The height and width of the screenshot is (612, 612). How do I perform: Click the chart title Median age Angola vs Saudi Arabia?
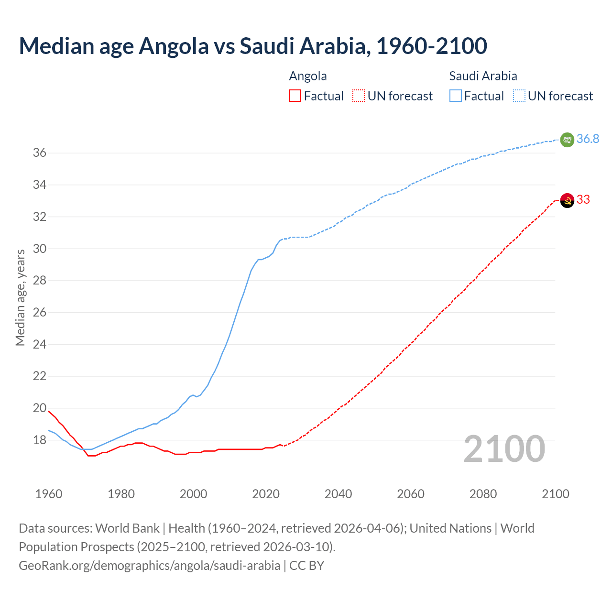pyautogui.click(x=253, y=46)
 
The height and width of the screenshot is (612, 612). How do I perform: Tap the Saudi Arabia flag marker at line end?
pyautogui.click(x=567, y=140)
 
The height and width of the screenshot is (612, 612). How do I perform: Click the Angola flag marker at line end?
pyautogui.click(x=567, y=200)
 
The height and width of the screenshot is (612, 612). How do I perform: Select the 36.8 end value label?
pyautogui.click(x=588, y=139)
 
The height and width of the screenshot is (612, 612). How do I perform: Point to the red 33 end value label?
pyautogui.click(x=583, y=199)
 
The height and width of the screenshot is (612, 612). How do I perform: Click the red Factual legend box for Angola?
pyautogui.click(x=295, y=96)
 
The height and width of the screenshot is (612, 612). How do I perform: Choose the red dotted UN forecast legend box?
pyautogui.click(x=359, y=96)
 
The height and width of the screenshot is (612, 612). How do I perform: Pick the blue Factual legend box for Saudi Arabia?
pyautogui.click(x=456, y=96)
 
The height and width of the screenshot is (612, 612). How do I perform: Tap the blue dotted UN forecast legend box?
pyautogui.click(x=519, y=96)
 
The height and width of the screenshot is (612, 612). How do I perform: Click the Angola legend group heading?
pyautogui.click(x=308, y=76)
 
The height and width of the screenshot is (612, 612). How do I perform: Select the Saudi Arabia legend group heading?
pyautogui.click(x=483, y=76)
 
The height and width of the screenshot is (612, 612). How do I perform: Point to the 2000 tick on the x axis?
pyautogui.click(x=193, y=494)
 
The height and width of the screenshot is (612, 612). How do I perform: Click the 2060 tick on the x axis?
pyautogui.click(x=411, y=494)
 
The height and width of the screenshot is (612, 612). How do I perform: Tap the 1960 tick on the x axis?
pyautogui.click(x=49, y=494)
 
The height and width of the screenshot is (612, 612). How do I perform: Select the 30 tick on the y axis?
pyautogui.click(x=39, y=249)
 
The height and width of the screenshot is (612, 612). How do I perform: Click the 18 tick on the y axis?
pyautogui.click(x=39, y=440)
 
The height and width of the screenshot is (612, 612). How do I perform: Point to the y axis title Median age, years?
pyautogui.click(x=20, y=297)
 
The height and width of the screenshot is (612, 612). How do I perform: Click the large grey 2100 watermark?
pyautogui.click(x=504, y=449)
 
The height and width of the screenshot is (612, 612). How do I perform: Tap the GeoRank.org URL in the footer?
pyautogui.click(x=149, y=565)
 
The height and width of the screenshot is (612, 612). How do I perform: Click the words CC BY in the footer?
pyautogui.click(x=307, y=565)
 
